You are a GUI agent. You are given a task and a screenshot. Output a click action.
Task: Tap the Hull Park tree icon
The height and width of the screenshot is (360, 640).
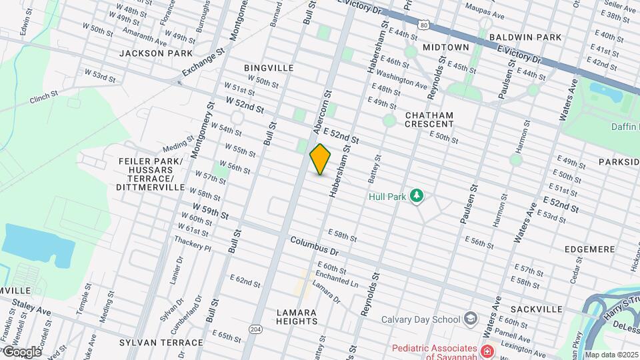click(417, 195)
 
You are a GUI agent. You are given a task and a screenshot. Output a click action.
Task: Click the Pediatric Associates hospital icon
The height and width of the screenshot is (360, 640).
click(488, 350)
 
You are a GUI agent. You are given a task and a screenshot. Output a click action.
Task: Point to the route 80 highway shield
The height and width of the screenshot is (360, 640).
click(424, 25)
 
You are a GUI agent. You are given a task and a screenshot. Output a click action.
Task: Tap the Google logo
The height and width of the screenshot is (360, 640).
click(22, 351)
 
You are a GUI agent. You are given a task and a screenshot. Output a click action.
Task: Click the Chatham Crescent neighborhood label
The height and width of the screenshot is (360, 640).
click(429, 119)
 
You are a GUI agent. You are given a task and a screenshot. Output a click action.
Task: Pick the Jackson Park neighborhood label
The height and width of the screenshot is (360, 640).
click(156, 53)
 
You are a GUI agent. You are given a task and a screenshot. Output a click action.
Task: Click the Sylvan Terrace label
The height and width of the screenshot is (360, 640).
click(161, 343)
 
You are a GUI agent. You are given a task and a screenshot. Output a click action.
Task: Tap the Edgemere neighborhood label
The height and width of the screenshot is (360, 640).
click(589, 249)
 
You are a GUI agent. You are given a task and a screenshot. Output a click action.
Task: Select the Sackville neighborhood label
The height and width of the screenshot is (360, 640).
click(537, 309)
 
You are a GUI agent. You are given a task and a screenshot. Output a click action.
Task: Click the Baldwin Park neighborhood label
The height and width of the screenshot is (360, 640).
click(525, 38)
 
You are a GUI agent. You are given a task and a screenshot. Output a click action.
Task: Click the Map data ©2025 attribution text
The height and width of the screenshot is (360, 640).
click(611, 355)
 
